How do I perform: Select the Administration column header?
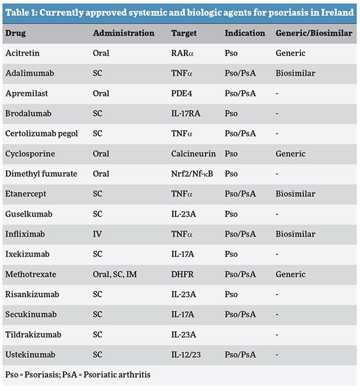point(124,33)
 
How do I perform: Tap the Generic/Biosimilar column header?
point(313,33)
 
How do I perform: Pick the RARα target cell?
point(182,53)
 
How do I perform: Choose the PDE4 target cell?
point(182,94)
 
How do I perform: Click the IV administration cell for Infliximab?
point(97,234)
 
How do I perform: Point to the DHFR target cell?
point(183,274)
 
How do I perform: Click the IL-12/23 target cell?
point(187,354)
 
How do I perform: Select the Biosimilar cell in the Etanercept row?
point(295,194)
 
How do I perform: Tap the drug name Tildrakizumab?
point(33,335)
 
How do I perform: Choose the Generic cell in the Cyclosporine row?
point(290,153)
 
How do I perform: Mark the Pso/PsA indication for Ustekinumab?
point(240,354)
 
